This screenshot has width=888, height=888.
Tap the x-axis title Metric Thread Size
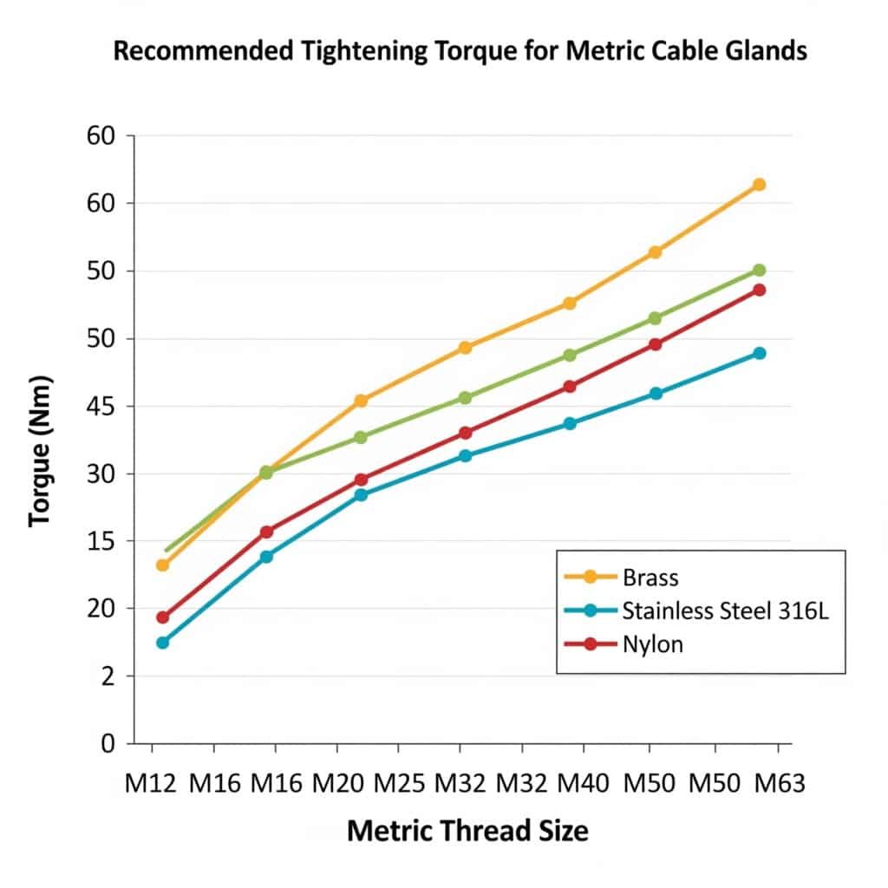(x=467, y=831)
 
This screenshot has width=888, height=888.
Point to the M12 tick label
(x=151, y=784)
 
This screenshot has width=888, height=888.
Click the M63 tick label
(x=779, y=784)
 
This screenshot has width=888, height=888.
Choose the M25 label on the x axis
(x=400, y=784)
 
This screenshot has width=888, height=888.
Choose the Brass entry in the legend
(x=650, y=577)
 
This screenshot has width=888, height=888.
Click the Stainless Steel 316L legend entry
(x=725, y=610)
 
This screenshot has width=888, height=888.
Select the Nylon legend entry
(x=653, y=644)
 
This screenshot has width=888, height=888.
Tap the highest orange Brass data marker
(x=759, y=185)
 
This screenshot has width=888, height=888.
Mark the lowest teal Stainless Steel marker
(x=162, y=643)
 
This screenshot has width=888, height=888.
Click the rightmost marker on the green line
(x=759, y=271)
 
